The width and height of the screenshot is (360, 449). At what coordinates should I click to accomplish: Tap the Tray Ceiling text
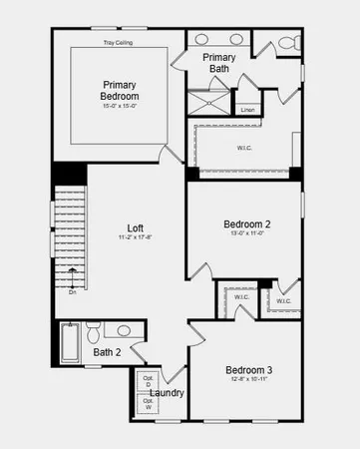(x=120, y=43)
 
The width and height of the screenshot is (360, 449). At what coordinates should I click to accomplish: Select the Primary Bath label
(x=218, y=64)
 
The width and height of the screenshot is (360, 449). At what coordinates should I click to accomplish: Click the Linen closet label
(x=247, y=109)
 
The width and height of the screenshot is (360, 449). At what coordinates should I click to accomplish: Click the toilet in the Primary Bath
(x=287, y=43)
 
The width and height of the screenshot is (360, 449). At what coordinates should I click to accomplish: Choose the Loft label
(x=135, y=227)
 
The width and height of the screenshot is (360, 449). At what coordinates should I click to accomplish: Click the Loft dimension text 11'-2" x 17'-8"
(x=135, y=238)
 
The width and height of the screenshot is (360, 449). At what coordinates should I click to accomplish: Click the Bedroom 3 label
(x=248, y=370)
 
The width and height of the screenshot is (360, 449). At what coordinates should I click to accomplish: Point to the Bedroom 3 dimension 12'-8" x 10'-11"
(x=248, y=380)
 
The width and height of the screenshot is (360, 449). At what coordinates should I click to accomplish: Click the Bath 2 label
(x=107, y=352)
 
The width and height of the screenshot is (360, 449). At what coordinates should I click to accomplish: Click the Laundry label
(x=167, y=393)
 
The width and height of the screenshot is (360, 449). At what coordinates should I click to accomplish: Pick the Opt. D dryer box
(x=148, y=382)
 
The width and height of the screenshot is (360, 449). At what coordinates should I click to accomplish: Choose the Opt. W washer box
(x=148, y=403)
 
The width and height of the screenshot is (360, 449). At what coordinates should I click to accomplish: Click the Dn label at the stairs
(x=73, y=292)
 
